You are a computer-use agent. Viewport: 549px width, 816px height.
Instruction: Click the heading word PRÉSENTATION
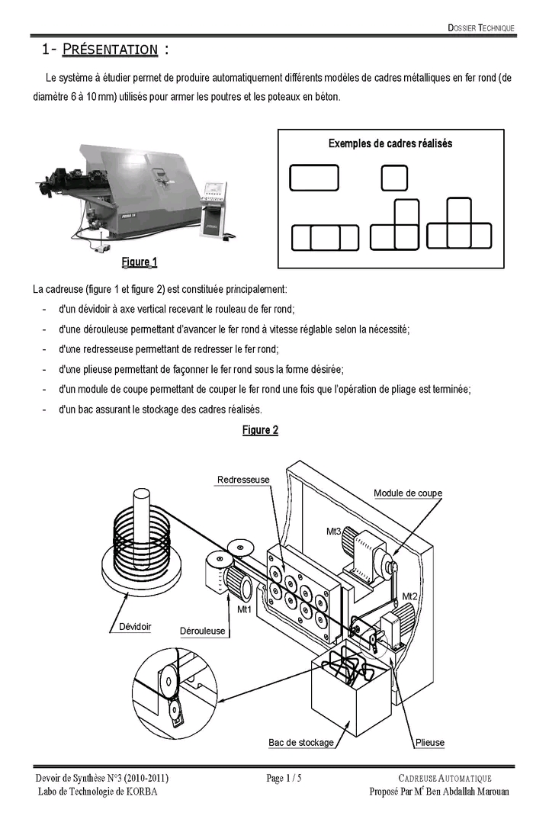point(110,50)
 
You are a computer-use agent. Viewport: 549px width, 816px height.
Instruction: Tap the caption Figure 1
point(140,262)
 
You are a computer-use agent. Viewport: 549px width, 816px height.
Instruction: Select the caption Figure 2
point(261,430)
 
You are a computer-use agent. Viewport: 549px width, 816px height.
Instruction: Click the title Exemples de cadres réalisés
point(390,143)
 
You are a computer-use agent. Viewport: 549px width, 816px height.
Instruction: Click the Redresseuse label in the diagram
point(243,479)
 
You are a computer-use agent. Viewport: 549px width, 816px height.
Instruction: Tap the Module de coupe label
point(408,493)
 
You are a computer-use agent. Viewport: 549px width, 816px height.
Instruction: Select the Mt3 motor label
point(333,532)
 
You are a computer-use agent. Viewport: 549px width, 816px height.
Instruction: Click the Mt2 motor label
point(409,596)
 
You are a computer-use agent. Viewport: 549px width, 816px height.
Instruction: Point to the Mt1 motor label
point(244,609)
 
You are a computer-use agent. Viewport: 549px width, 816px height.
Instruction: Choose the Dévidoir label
point(135,627)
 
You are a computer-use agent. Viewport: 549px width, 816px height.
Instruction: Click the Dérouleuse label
point(202,631)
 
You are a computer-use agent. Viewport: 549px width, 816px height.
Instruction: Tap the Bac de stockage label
point(300,743)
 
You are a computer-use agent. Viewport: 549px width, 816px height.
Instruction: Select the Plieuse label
point(430,743)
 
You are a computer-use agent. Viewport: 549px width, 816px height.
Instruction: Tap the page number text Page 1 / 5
point(284,778)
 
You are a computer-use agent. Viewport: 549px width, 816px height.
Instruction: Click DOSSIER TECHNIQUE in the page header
point(481,28)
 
